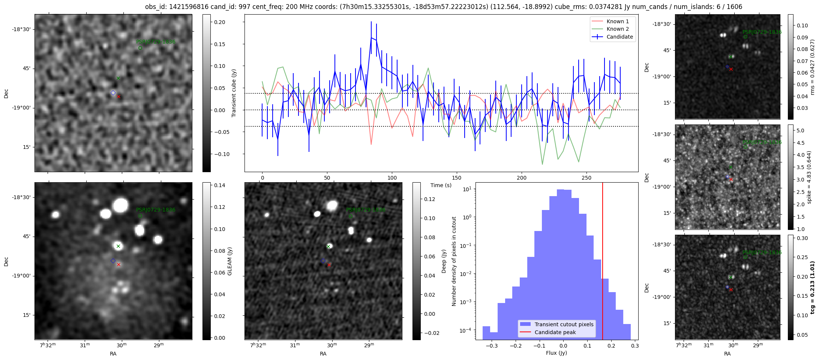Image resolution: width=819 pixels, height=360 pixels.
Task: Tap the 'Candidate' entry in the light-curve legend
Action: [619, 37]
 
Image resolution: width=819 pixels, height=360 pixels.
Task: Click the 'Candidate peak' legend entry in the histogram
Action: [555, 332]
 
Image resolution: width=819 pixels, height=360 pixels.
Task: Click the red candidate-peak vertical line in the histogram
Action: [603, 244]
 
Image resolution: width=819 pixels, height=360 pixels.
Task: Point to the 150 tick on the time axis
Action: [457, 178]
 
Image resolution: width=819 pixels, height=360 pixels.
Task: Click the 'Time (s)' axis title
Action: [441, 185]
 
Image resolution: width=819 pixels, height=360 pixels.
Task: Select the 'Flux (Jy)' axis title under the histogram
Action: [556, 353]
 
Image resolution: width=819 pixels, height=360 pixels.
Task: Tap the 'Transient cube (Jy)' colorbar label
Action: [234, 93]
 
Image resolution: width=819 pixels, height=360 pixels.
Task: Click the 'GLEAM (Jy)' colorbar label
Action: [229, 261]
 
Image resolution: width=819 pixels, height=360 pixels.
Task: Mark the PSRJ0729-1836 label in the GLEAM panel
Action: [156, 210]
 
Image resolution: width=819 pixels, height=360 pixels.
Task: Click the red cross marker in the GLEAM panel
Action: [118, 265]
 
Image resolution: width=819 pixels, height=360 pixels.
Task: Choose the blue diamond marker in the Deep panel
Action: [323, 261]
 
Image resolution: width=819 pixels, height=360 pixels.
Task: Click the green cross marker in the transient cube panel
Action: [118, 78]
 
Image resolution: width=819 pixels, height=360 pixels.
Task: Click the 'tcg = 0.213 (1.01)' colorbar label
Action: [813, 287]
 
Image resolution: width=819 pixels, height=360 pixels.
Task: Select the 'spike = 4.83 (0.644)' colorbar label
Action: [809, 177]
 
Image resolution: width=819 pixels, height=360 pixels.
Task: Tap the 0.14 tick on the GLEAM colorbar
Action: [220, 185]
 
